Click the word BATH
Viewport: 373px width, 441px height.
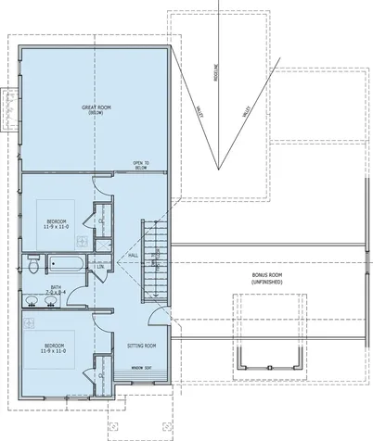point(57,286)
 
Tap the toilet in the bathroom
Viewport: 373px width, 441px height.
point(32,267)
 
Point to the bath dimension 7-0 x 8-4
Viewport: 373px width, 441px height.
point(57,293)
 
